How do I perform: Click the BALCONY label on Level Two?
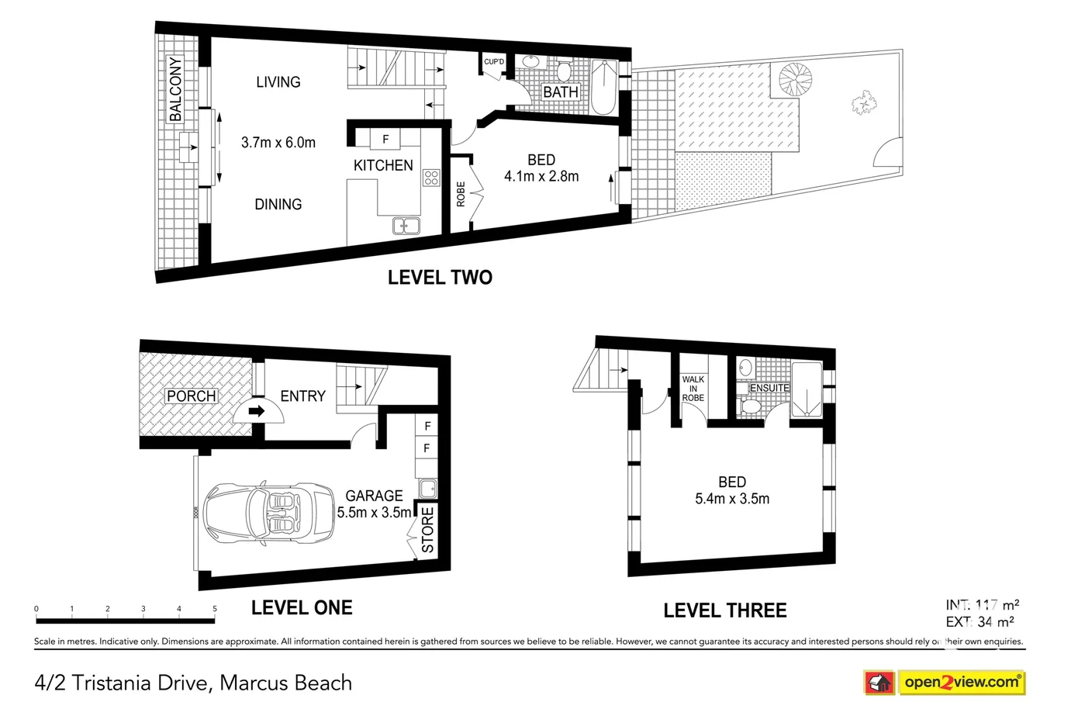[175, 89]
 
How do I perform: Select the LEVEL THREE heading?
[724, 610]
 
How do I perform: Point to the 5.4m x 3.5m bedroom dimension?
[731, 499]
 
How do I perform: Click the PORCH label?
[192, 396]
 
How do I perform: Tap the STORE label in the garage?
[427, 530]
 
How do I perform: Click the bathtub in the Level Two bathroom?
[604, 87]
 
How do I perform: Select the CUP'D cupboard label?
[494, 62]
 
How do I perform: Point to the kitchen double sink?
[406, 226]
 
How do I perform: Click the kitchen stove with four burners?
[431, 178]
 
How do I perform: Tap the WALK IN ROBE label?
[693, 389]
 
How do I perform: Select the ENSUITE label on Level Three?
[769, 388]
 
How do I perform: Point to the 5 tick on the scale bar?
[215, 610]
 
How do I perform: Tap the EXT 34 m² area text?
[980, 621]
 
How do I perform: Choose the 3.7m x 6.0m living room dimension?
[278, 143]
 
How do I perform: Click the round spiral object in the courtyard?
[796, 80]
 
